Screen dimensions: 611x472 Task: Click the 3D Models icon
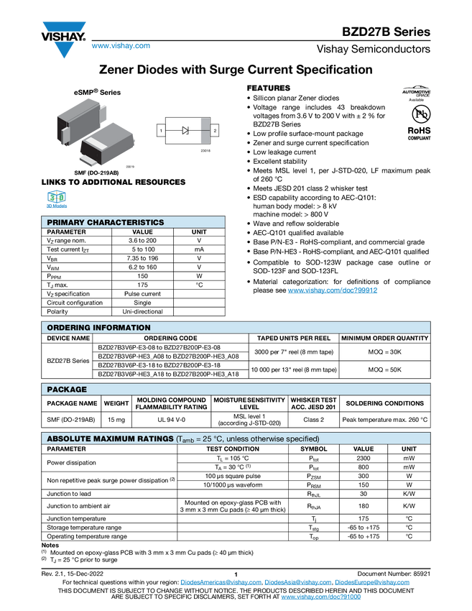(56, 199)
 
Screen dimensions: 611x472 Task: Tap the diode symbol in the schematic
(185, 130)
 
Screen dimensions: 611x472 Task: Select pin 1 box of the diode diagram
(161, 130)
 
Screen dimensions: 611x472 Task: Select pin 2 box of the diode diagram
(215, 130)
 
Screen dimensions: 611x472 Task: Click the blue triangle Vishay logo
(65, 50)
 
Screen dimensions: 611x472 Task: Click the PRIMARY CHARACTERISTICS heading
(106, 223)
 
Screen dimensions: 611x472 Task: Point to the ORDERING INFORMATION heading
(99, 328)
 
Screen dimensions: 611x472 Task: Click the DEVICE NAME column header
(69, 338)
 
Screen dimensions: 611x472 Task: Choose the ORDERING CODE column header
(170, 338)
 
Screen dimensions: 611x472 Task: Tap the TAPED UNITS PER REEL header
(293, 338)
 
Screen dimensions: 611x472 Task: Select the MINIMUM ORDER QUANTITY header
(384, 338)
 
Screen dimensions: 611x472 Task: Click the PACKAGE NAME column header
(72, 403)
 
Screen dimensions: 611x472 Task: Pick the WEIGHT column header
(116, 403)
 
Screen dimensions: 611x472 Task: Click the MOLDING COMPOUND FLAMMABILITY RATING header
(171, 403)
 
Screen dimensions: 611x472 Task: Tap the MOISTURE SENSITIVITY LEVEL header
(249, 403)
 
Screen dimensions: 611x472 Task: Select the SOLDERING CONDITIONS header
(384, 403)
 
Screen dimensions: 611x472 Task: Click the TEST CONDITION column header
(233, 449)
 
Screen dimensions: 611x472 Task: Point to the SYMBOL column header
(313, 449)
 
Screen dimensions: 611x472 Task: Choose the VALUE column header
(364, 449)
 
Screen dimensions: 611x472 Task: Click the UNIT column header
(409, 449)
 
